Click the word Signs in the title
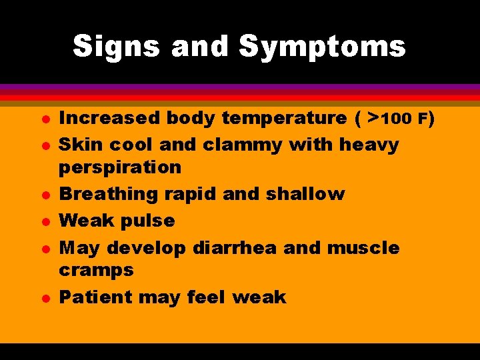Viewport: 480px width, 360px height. click(x=116, y=47)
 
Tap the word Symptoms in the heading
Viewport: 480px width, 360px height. click(x=322, y=47)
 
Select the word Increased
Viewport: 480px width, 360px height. click(x=109, y=118)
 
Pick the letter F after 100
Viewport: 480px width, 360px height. click(x=422, y=119)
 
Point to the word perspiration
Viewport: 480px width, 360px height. click(x=120, y=167)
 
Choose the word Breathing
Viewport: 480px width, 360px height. click(x=107, y=194)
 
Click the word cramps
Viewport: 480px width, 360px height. click(x=96, y=270)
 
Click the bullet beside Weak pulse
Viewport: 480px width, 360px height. click(x=23, y=221)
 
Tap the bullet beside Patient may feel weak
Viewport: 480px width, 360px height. click(x=23, y=297)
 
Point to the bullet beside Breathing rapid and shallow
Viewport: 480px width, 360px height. click(x=23, y=195)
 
